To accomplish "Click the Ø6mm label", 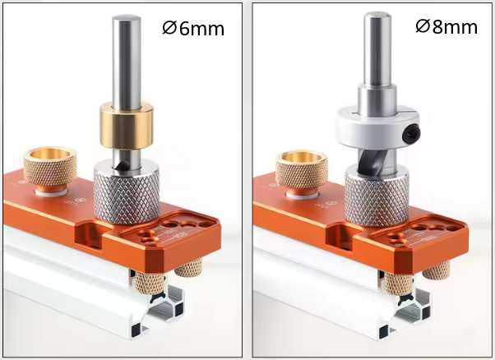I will (x=193, y=28).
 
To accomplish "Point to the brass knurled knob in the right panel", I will (x=301, y=170).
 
